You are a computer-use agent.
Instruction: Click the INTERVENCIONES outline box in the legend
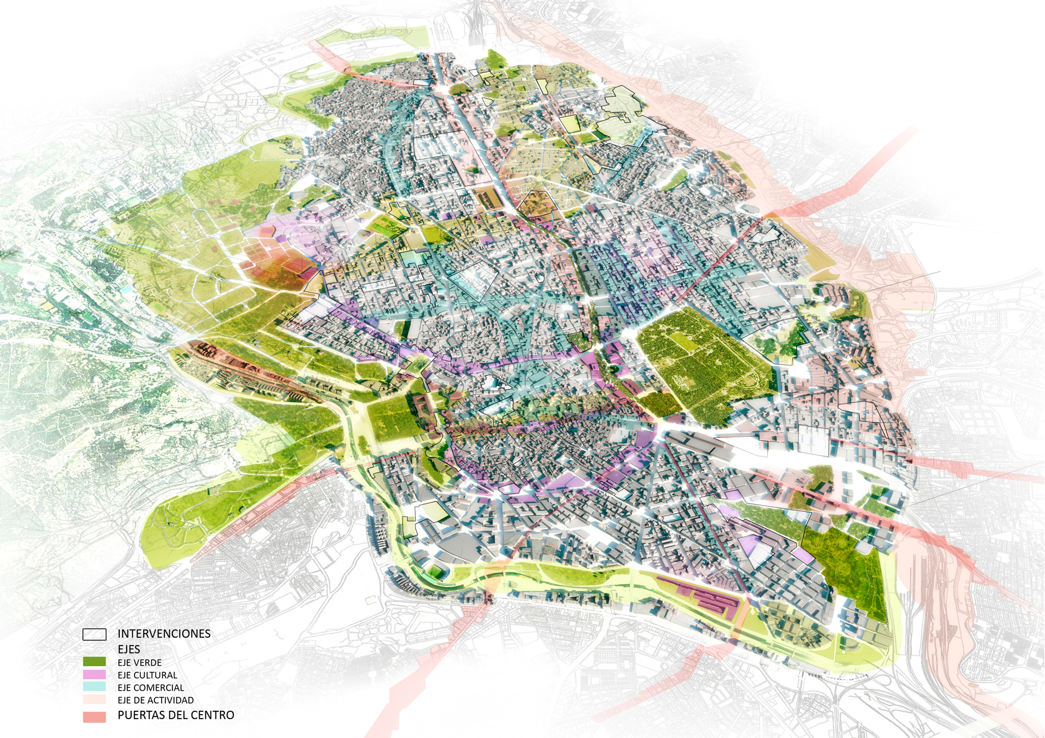pyautogui.click(x=94, y=634)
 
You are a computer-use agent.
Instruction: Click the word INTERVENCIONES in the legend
pyautogui.click(x=164, y=634)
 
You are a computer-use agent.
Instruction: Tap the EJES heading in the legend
pyautogui.click(x=129, y=649)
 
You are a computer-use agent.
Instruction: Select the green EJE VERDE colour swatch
pyautogui.click(x=94, y=662)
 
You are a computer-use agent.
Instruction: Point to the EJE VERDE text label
pyautogui.click(x=139, y=662)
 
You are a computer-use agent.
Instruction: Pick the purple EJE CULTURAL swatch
pyautogui.click(x=94, y=674)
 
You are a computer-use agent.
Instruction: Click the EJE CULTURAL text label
pyautogui.click(x=147, y=675)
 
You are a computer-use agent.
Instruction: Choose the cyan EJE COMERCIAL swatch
pyautogui.click(x=94, y=687)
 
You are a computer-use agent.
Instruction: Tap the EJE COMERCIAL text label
pyautogui.click(x=151, y=687)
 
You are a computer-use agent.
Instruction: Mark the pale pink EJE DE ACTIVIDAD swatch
pyautogui.click(x=94, y=699)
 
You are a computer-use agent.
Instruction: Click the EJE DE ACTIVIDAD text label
pyautogui.click(x=156, y=700)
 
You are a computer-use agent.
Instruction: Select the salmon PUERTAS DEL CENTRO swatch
pyautogui.click(x=94, y=717)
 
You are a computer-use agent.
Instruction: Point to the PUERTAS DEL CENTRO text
pyautogui.click(x=176, y=715)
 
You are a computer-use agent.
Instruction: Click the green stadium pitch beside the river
pyautogui.click(x=436, y=572)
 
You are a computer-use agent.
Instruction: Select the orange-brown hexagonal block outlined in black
pyautogui.click(x=536, y=203)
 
